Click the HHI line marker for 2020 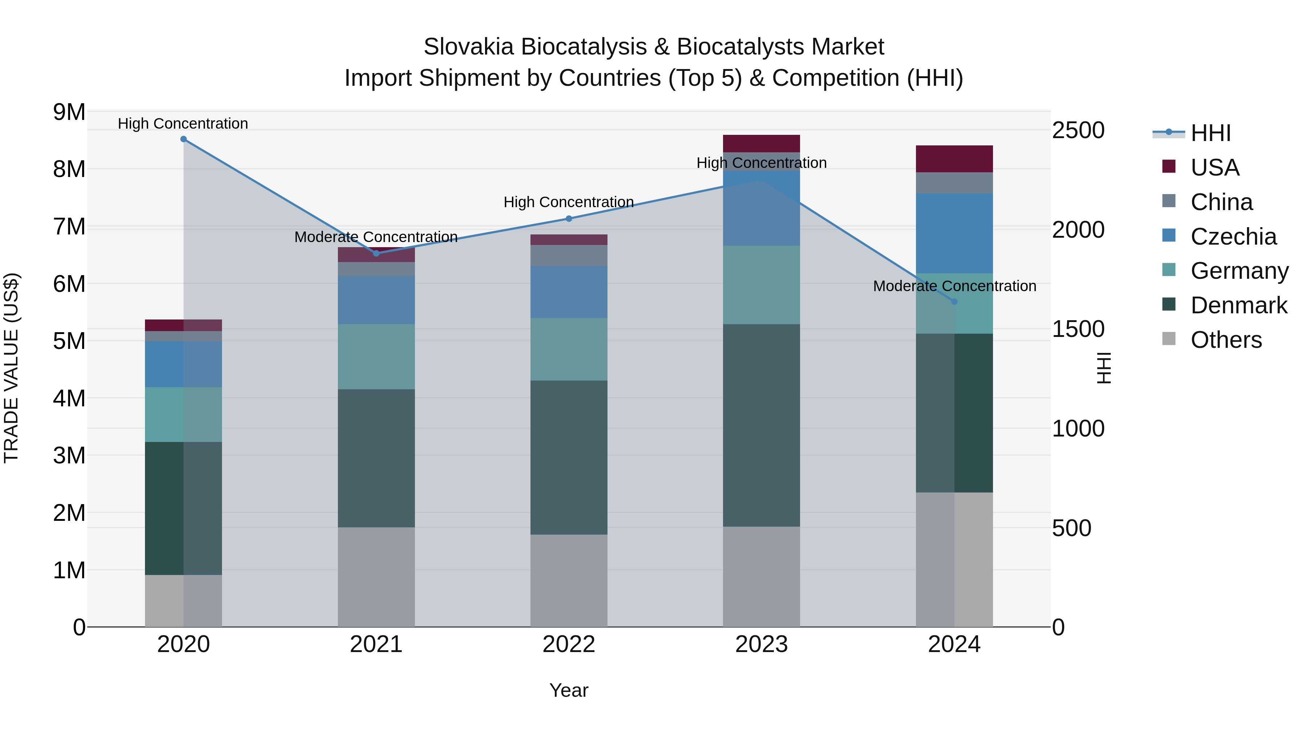(x=184, y=139)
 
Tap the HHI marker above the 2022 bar (x=569, y=219)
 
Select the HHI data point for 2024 (x=954, y=302)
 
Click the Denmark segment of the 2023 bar (x=761, y=425)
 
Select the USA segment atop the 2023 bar (x=761, y=143)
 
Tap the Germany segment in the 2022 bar (x=569, y=349)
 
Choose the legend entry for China (x=1221, y=202)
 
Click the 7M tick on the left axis (x=69, y=226)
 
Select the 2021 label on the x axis (x=376, y=644)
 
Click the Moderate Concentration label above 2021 (x=376, y=237)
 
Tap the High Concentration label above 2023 (x=761, y=163)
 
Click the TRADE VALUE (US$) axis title (x=11, y=368)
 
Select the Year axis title (x=569, y=690)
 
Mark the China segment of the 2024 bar (x=954, y=183)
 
